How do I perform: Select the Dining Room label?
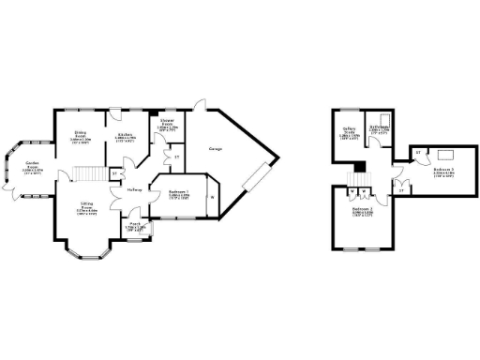[x=81, y=138]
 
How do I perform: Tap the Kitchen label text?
[x=124, y=138]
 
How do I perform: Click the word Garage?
[x=210, y=147]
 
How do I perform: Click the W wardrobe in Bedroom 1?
[x=211, y=197]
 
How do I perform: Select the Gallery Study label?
[x=348, y=133]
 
